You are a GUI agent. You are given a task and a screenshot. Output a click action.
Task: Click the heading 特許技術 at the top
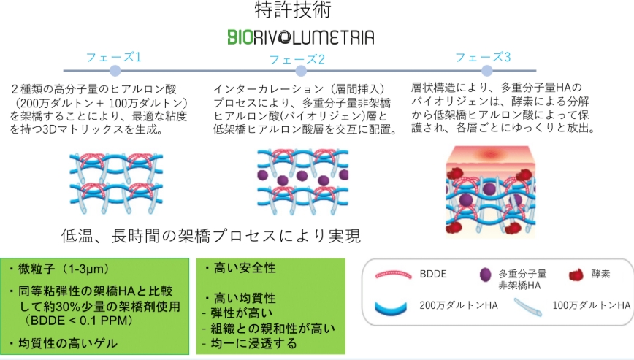[x=300, y=10]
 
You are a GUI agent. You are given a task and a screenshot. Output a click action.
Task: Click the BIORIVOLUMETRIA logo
[x=300, y=37]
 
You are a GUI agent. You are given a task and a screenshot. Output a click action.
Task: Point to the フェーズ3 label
[x=483, y=56]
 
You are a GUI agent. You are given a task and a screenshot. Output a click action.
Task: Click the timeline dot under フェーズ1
[x=114, y=71]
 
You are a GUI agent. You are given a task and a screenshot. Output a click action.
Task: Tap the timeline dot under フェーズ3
[x=487, y=70]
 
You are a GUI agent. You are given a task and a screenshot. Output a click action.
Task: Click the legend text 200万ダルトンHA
[x=459, y=305]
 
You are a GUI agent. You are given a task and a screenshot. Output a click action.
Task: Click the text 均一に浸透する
[x=248, y=342]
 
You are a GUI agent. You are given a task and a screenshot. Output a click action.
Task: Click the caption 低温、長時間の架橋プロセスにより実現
[x=212, y=237]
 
